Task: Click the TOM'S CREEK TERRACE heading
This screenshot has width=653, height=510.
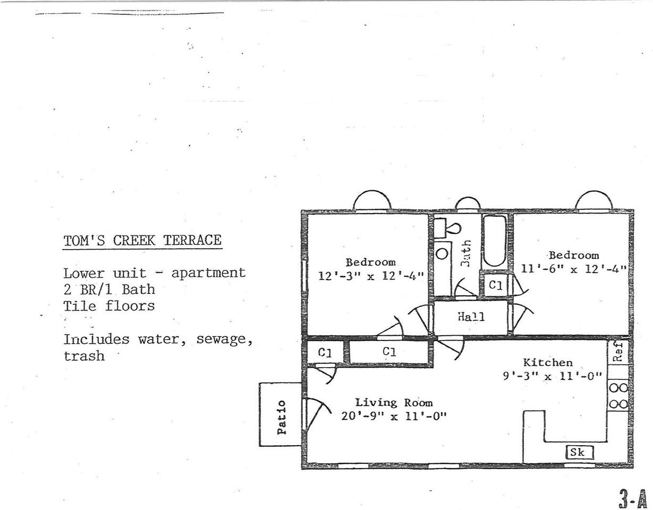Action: coord(142,241)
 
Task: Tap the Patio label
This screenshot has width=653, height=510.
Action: coord(282,417)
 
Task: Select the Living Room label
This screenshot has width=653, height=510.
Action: coord(394,403)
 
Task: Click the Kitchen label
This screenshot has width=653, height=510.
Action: coord(548,363)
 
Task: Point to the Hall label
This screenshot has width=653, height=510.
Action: coord(471,317)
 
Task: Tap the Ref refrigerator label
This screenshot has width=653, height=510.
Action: coord(618,352)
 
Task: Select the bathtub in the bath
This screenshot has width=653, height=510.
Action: coord(495,242)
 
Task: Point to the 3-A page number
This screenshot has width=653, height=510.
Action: coord(632,497)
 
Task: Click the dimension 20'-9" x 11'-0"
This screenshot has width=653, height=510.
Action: coord(394,416)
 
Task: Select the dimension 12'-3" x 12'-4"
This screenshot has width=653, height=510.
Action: coord(371,276)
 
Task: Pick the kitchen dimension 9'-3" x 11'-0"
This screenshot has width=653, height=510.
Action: coord(553,376)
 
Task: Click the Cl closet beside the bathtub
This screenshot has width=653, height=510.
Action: coord(495,285)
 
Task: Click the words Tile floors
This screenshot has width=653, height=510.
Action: coord(109,306)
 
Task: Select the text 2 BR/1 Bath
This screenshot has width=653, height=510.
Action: coord(109,290)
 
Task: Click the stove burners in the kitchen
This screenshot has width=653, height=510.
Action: coord(618,396)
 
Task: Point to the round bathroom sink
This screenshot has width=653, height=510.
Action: coord(442,253)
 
